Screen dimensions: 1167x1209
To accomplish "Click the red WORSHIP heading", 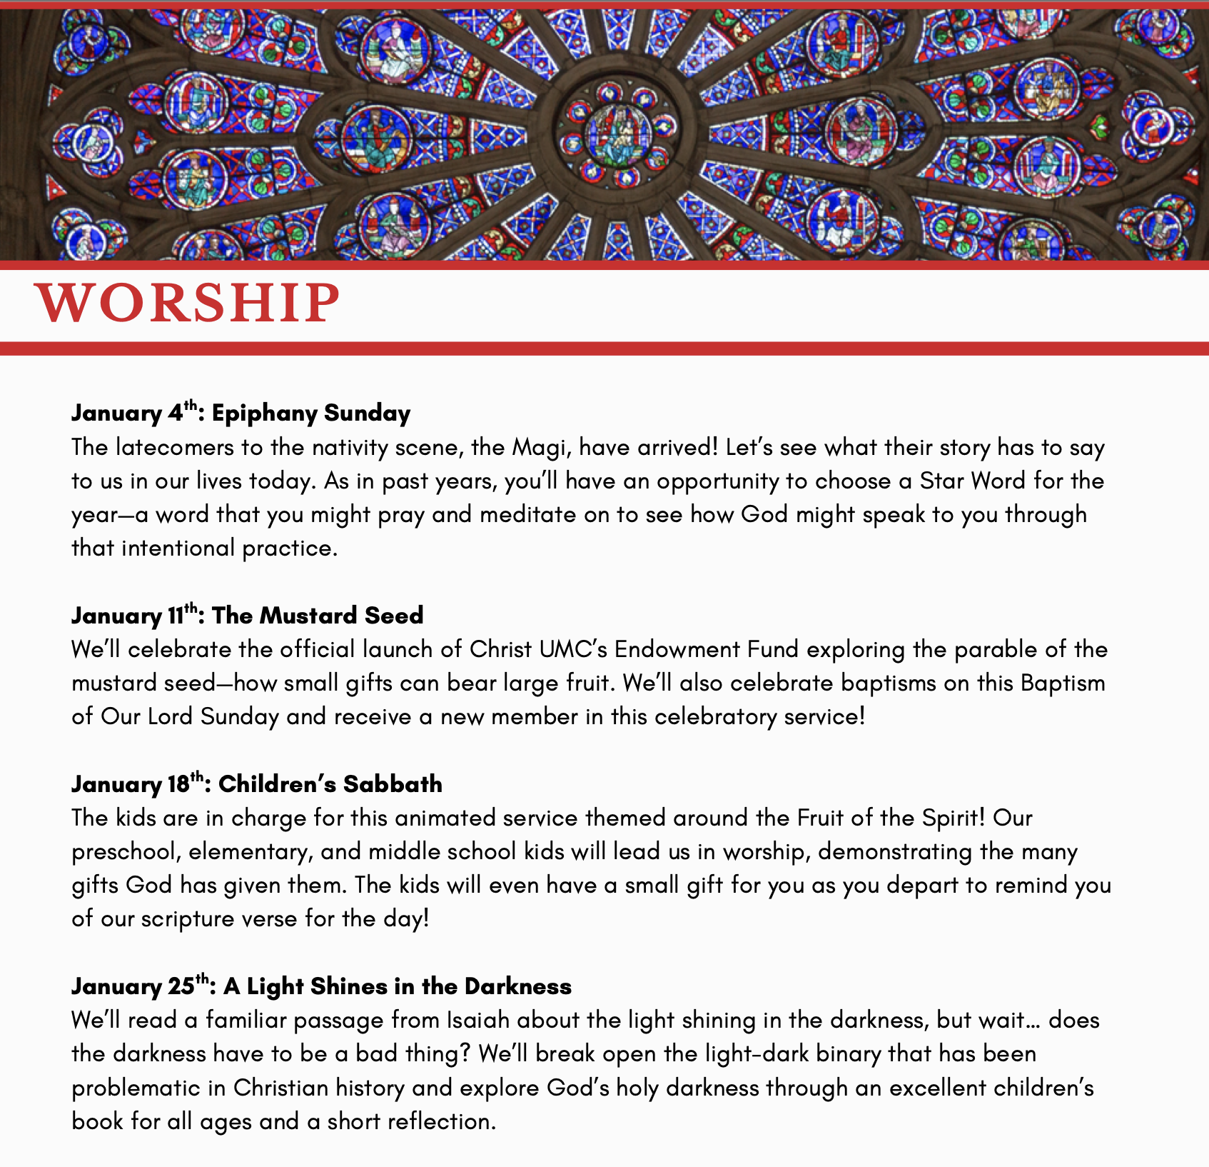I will coord(188,303).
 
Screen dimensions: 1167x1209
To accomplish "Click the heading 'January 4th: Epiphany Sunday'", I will coord(241,413).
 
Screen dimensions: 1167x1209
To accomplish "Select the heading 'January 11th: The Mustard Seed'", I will coord(247,615).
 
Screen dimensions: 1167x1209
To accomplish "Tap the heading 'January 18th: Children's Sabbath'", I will coord(256,783).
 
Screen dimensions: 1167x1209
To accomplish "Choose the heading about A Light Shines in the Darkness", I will coord(321,986).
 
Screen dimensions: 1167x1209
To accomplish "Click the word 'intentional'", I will coord(178,548).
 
